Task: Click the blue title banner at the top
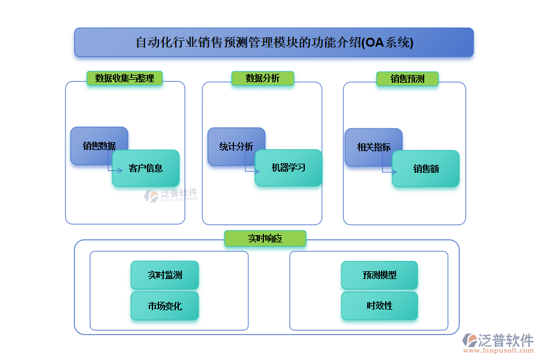(x=274, y=43)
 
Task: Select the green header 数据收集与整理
(x=124, y=78)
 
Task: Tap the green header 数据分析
(x=263, y=78)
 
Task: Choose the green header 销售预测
(x=407, y=79)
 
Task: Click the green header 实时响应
(x=265, y=238)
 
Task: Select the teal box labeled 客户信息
(x=146, y=168)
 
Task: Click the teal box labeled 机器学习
(x=289, y=167)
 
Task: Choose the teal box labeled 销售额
(x=426, y=169)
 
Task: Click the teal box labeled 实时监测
(x=164, y=275)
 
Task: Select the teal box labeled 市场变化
(x=164, y=306)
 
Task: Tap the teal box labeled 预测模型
(x=379, y=275)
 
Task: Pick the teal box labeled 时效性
(x=379, y=305)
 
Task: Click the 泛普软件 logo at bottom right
(x=498, y=343)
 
